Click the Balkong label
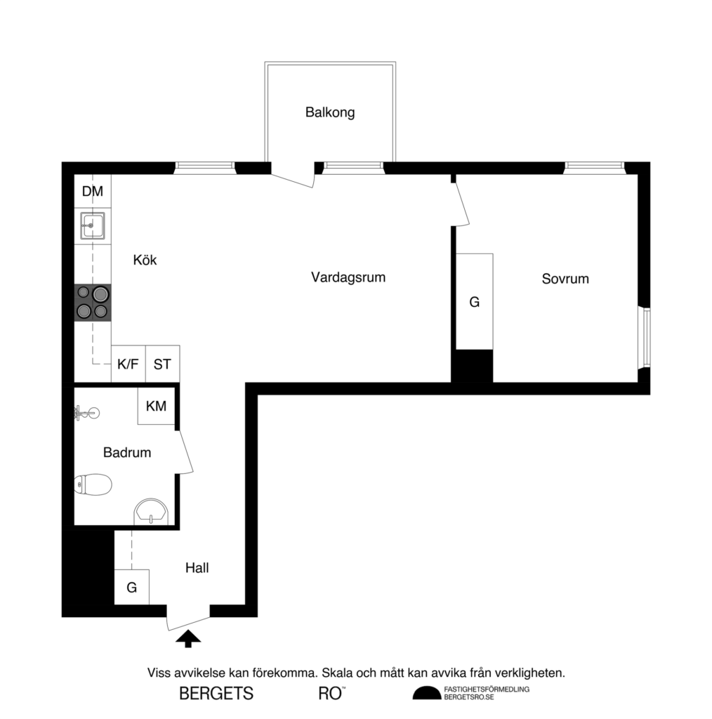coord(329,112)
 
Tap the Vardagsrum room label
coord(348,277)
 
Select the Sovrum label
coord(565,279)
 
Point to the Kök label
coord(145,260)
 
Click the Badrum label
coord(127,453)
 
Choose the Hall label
coord(197,568)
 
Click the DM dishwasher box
coord(93,192)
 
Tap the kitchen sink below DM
coord(93,225)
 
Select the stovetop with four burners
coord(93,302)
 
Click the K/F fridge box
coord(128,364)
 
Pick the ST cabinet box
coord(162,364)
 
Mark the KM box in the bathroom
coord(156,407)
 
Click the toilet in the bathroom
coord(93,484)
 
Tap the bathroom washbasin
coord(151,512)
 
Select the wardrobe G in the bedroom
coord(475,302)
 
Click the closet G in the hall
coord(131,587)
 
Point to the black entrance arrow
coord(187,638)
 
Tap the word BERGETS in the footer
coord(216,694)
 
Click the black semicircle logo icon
coord(426,694)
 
